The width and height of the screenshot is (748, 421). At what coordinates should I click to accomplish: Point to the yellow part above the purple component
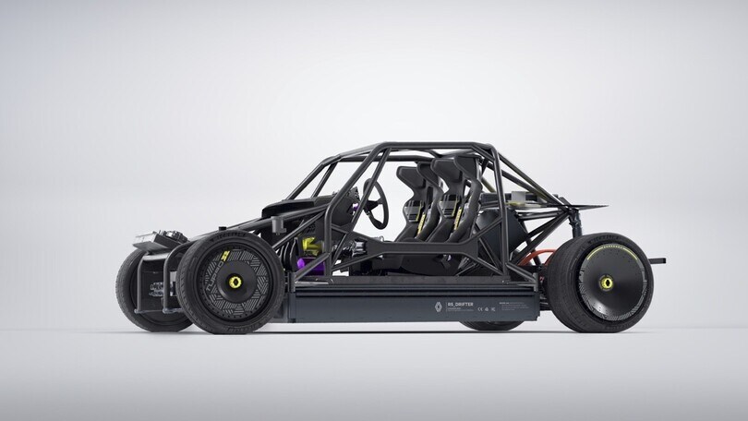coord(311,247)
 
